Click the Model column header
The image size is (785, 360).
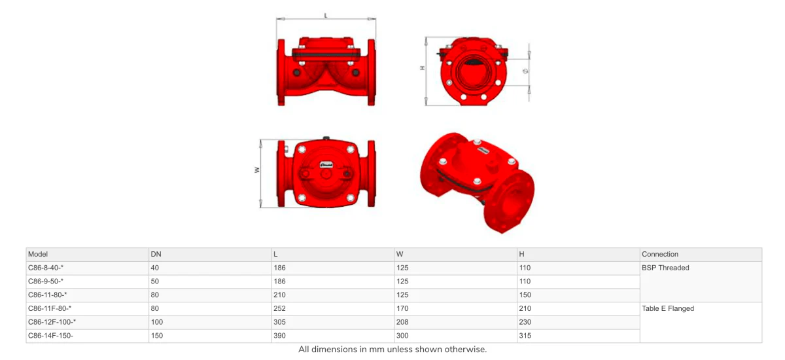click(x=37, y=254)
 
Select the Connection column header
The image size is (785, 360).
click(x=660, y=254)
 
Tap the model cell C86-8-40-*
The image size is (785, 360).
click(x=46, y=268)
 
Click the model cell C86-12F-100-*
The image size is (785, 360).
click(x=52, y=322)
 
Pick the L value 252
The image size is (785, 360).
click(x=279, y=308)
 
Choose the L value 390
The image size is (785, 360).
click(x=279, y=336)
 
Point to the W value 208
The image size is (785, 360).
click(x=402, y=322)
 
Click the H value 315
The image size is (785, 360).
click(x=525, y=336)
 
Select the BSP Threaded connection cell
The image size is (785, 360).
click(x=665, y=268)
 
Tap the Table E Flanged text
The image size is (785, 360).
click(x=668, y=308)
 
